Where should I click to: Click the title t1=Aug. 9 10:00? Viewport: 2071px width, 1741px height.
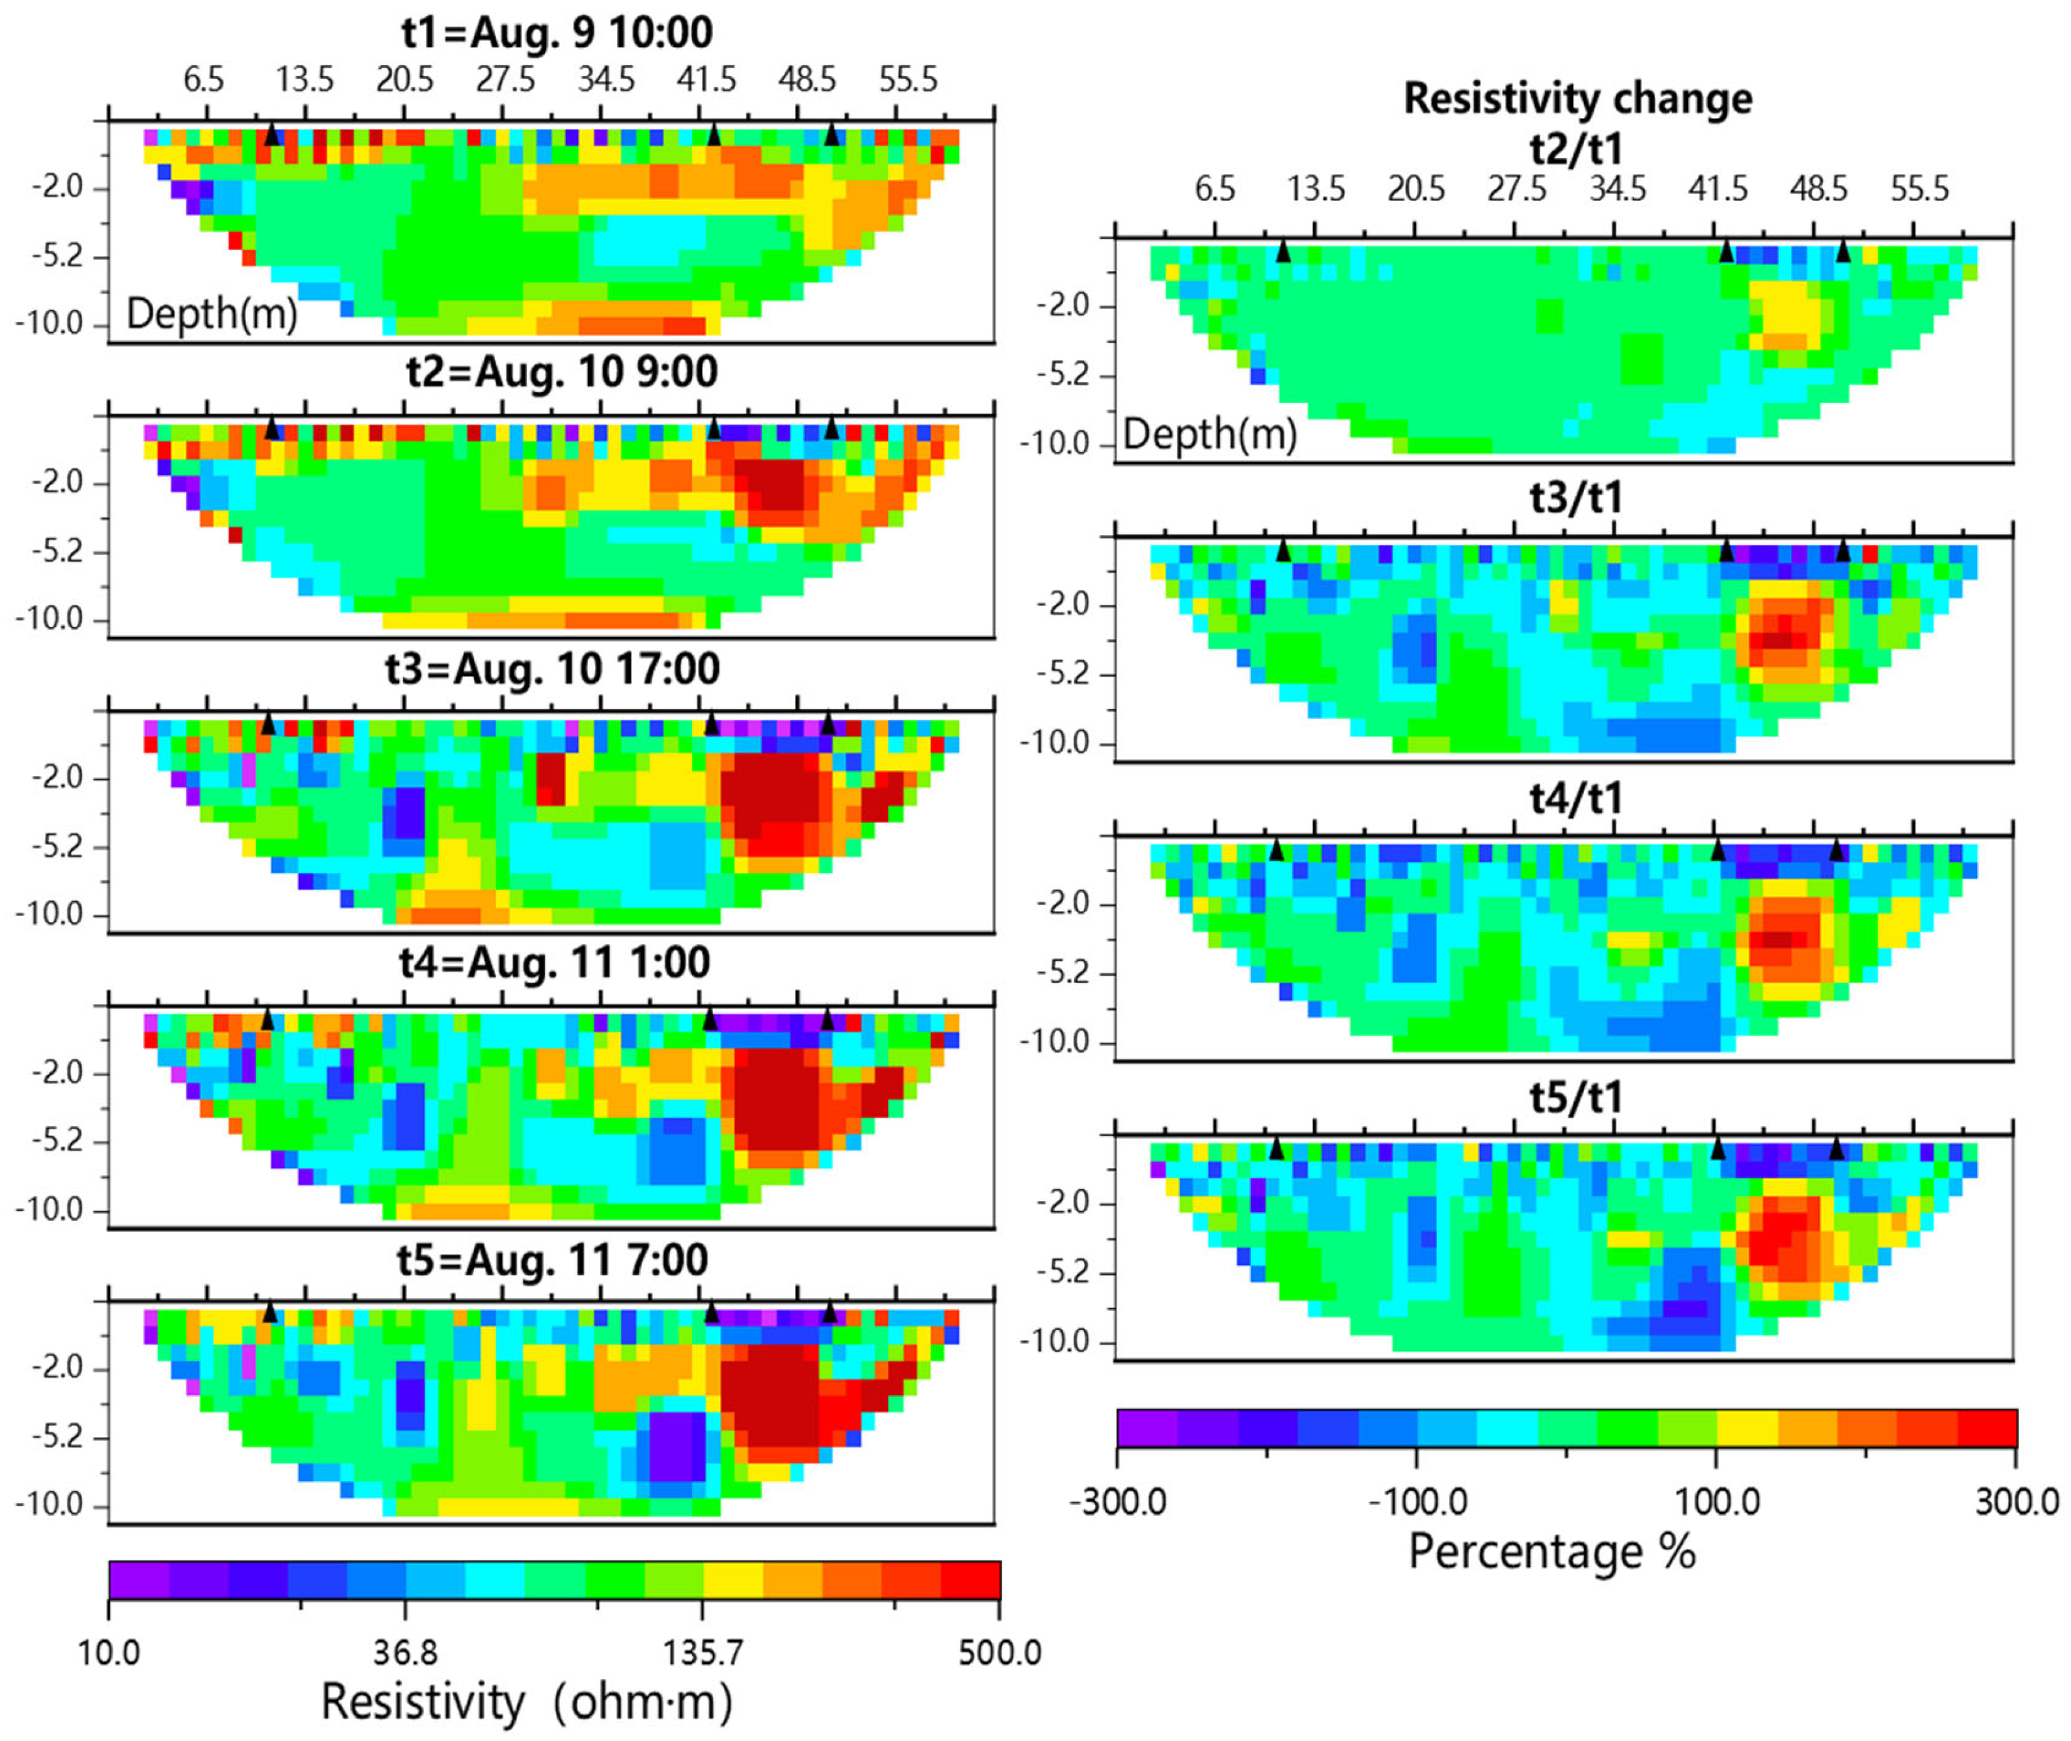[557, 33]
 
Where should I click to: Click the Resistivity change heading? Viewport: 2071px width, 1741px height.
[1578, 99]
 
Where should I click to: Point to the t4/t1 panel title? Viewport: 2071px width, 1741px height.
[1576, 798]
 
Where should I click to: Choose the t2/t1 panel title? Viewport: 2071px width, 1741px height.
[1576, 148]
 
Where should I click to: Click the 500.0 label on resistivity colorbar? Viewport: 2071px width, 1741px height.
[999, 1652]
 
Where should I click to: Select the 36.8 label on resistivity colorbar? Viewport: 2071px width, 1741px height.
[406, 1652]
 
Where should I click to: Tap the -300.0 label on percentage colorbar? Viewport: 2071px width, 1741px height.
[1118, 1501]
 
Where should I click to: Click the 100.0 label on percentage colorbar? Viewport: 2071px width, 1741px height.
[1717, 1501]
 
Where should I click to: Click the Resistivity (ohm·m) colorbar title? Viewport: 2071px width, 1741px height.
[527, 1703]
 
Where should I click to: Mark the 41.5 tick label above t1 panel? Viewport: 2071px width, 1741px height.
[706, 79]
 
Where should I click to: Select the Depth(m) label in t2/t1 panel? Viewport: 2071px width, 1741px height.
[1210, 434]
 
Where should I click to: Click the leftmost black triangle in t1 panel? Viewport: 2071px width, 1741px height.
[272, 134]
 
